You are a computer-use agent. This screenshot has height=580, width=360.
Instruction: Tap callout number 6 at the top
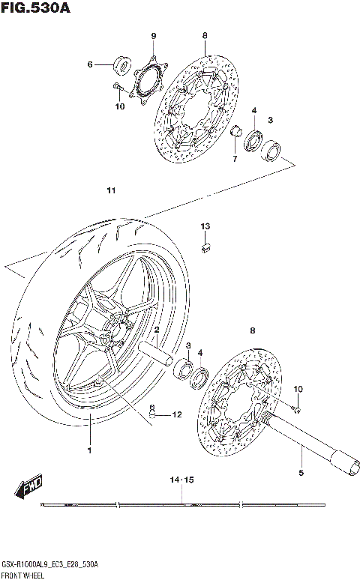[89, 64]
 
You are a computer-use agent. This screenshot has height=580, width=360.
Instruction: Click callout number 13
[205, 226]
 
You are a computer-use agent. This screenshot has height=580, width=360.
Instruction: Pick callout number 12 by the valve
[177, 414]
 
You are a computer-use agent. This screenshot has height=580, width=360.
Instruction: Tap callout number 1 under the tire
[88, 450]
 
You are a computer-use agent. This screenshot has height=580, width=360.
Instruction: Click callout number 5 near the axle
[301, 473]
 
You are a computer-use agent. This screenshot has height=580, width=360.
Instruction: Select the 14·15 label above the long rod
[181, 479]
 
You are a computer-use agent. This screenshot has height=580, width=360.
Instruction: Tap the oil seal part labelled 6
[120, 65]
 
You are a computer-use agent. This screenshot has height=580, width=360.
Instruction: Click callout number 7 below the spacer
[234, 159]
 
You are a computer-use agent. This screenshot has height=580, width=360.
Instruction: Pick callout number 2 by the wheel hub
[157, 330]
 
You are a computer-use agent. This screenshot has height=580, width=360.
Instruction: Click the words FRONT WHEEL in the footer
[22, 574]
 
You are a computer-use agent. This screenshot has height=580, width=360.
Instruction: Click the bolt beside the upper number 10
[118, 90]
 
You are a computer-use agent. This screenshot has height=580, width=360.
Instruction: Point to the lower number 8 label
[253, 330]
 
